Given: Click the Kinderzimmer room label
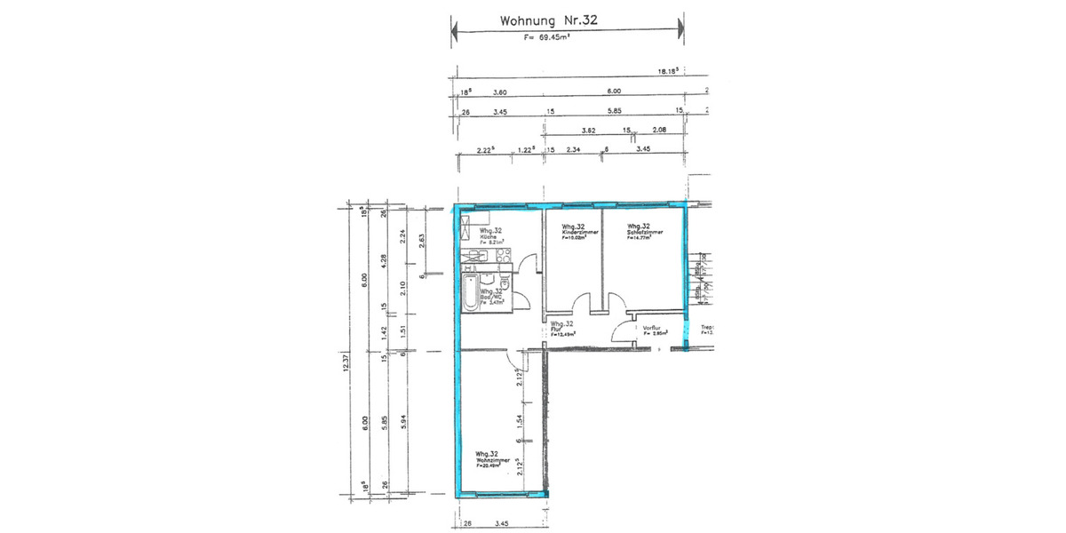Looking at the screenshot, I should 580,232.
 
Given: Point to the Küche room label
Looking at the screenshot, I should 492,236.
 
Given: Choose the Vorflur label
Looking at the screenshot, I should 655,328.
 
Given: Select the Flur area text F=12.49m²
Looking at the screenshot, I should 563,335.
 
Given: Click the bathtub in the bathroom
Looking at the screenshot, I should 469,291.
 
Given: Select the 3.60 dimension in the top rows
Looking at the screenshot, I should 499,91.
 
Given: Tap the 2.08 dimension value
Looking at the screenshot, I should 658,131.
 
